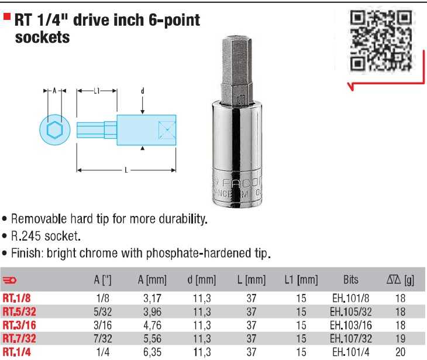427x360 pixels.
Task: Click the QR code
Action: click(x=381, y=41)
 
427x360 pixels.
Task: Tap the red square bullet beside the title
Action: click(x=7, y=17)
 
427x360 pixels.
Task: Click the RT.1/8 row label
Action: click(x=16, y=298)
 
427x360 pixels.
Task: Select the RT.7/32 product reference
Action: click(x=19, y=338)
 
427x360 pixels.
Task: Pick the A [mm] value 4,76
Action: click(x=152, y=325)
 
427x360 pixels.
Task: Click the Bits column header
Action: click(x=351, y=280)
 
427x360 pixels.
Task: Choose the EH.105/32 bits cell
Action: click(x=351, y=312)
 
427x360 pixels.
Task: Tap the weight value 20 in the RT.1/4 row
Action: click(x=400, y=352)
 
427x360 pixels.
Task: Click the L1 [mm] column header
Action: click(x=301, y=280)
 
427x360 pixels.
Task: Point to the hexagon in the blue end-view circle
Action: click(x=55, y=130)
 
